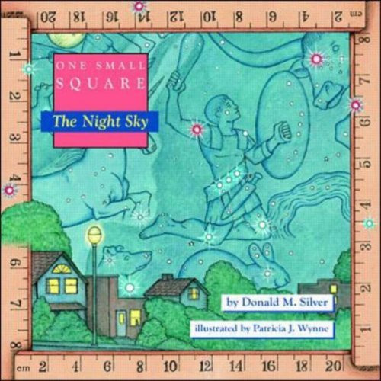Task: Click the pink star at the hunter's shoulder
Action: pyautogui.click(x=197, y=130)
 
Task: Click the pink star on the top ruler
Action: pyautogui.click(x=139, y=7)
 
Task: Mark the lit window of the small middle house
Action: pyautogui.click(x=194, y=293)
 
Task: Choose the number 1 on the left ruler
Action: pyautogui.click(x=13, y=54)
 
